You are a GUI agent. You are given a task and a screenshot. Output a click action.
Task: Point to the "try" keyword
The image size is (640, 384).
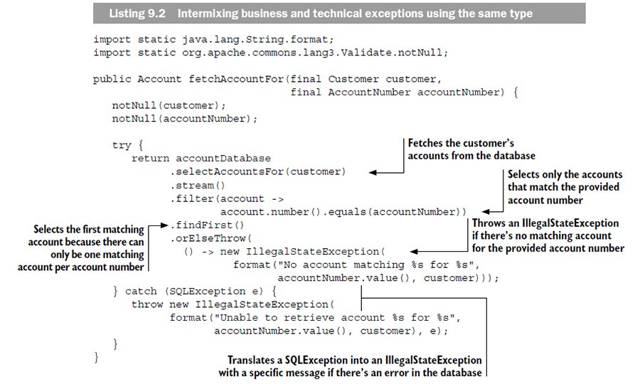122,144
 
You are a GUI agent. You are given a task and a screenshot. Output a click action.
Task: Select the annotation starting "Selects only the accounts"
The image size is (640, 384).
564,181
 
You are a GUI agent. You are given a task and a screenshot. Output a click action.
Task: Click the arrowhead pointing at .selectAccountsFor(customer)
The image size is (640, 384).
371,171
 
